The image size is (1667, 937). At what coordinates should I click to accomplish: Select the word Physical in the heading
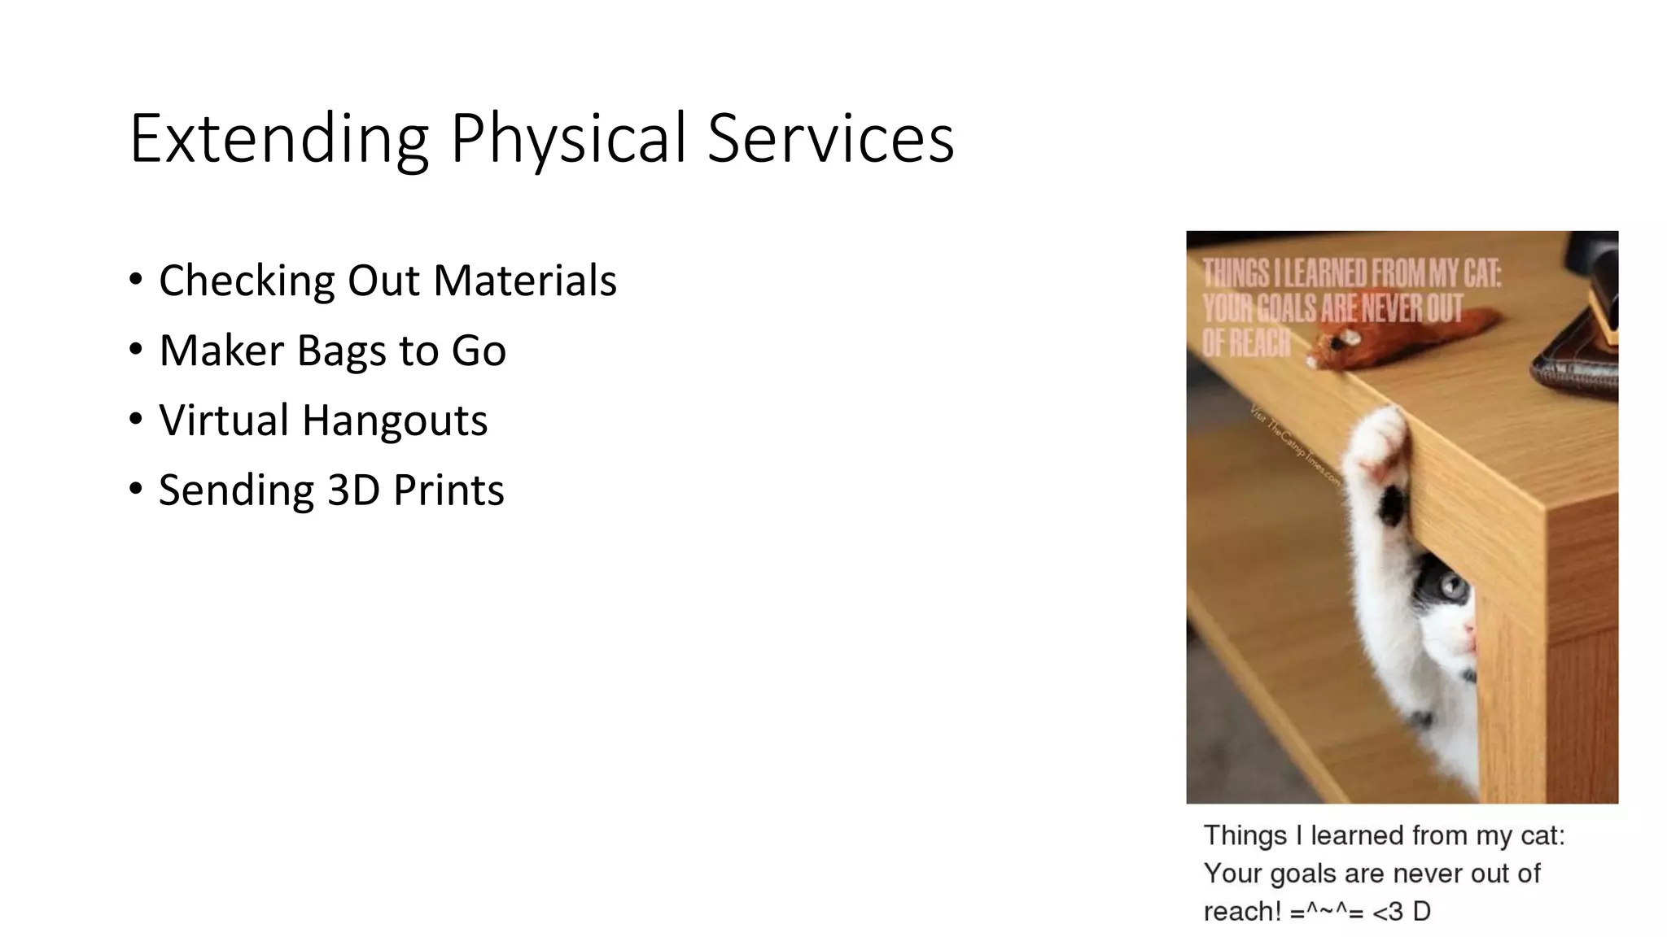[568, 139]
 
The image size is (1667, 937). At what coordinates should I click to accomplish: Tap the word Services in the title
[830, 139]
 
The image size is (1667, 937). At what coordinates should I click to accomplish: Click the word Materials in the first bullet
[525, 281]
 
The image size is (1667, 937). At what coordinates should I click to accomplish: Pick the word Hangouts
[395, 421]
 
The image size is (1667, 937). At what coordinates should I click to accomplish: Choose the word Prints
[448, 490]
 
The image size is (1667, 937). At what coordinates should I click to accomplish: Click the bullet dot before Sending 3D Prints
[136, 489]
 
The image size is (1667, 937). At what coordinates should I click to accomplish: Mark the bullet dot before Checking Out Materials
[136, 279]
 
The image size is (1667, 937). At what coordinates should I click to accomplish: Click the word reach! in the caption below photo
[1242, 912]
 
